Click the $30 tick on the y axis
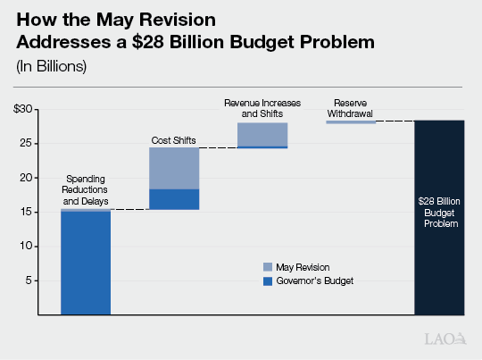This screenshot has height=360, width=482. [24, 109]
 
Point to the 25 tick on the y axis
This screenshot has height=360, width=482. [27, 143]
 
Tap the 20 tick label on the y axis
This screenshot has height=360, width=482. [27, 178]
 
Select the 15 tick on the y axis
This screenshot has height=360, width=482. [27, 212]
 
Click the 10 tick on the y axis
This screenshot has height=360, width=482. [27, 246]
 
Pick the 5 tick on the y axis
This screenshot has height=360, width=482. [29, 280]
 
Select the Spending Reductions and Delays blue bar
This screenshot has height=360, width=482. [86, 263]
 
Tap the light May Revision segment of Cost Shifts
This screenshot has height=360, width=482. [174, 168]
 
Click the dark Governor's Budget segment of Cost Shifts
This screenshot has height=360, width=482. [174, 199]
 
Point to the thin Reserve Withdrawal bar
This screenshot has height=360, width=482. [350, 121]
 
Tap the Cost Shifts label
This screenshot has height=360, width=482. [172, 140]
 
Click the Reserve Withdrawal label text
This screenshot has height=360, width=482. [350, 108]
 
